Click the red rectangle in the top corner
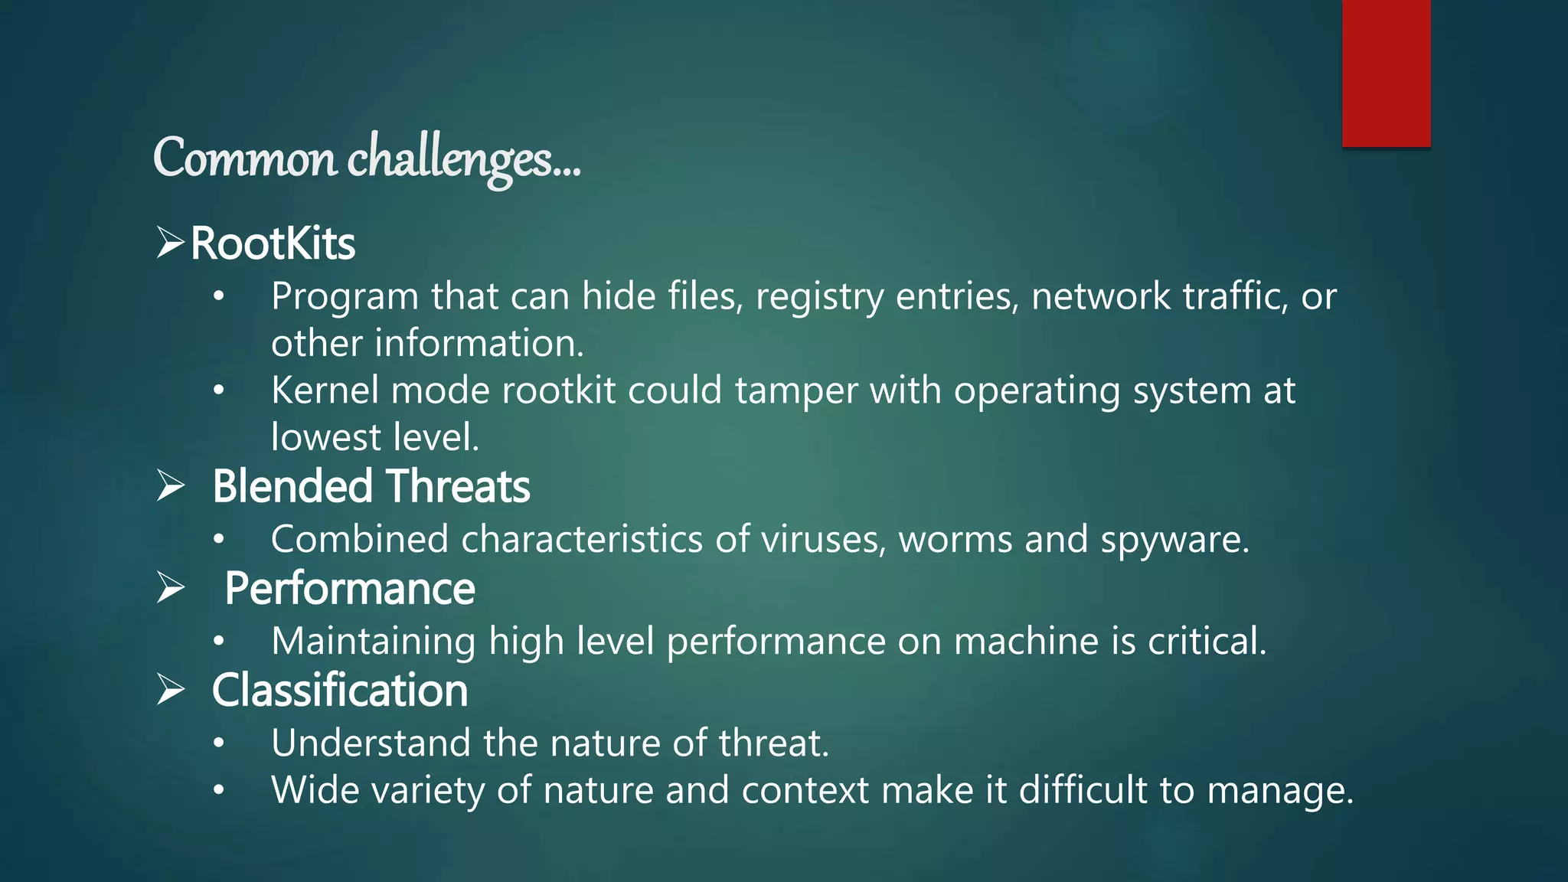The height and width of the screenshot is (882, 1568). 1386,73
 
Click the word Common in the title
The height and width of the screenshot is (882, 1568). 244,158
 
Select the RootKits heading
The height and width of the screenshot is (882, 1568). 273,243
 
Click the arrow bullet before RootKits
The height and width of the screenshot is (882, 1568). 170,242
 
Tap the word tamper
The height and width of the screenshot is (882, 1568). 796,391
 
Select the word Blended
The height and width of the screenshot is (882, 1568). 292,486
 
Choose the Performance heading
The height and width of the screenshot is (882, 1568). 350,589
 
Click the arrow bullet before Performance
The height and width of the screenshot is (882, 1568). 170,587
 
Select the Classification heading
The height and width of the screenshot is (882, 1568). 340,691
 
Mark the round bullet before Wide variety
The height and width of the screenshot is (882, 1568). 219,790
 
